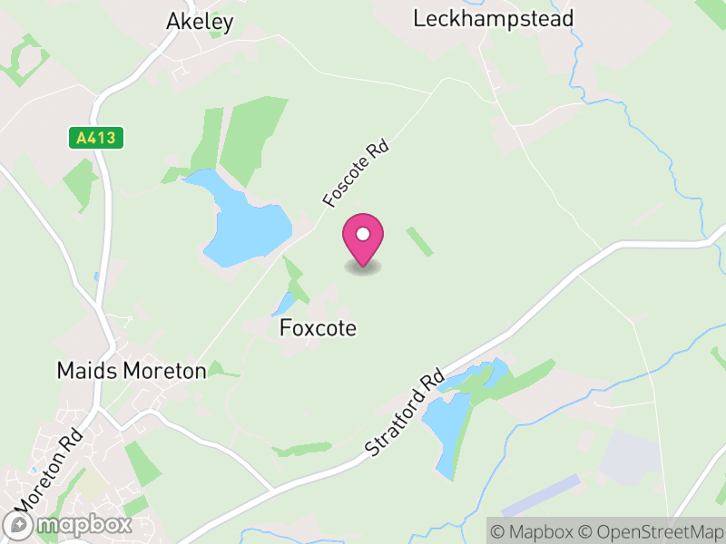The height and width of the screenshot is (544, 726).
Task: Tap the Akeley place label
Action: (200, 22)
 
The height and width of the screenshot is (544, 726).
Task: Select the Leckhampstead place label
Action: (493, 18)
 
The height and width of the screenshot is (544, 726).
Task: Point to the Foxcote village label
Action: (318, 327)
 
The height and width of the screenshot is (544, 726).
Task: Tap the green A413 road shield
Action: (95, 138)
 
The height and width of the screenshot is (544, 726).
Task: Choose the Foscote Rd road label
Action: (354, 171)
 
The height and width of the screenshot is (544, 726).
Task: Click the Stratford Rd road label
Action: (405, 412)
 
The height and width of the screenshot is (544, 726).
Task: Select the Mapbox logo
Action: (68, 525)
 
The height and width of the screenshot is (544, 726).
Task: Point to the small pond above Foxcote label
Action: (284, 304)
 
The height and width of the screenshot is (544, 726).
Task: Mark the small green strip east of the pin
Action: (419, 241)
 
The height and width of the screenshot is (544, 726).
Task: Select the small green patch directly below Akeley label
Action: (215, 35)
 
